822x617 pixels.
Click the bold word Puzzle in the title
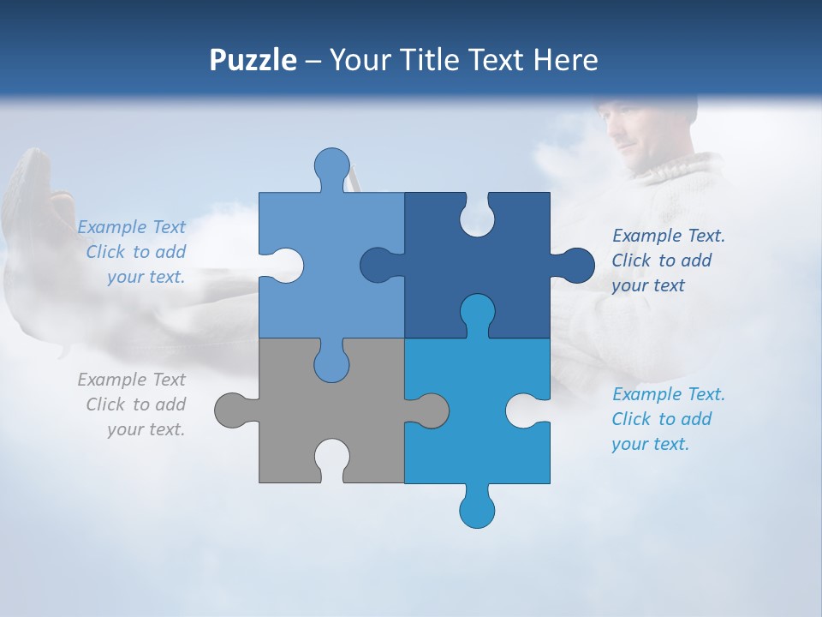[x=253, y=60]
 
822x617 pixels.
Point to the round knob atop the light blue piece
[x=331, y=165]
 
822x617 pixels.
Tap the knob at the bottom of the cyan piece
[x=477, y=509]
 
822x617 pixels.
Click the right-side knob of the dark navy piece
[x=575, y=265]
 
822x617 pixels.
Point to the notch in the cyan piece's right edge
[x=523, y=410]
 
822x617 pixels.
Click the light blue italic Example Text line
[x=131, y=227]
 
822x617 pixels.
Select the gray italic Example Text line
[x=131, y=380]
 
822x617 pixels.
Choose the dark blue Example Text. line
[x=668, y=236]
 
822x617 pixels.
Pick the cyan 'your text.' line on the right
[x=650, y=444]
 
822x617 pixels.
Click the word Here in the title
[x=565, y=60]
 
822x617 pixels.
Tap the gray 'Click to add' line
[x=135, y=404]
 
